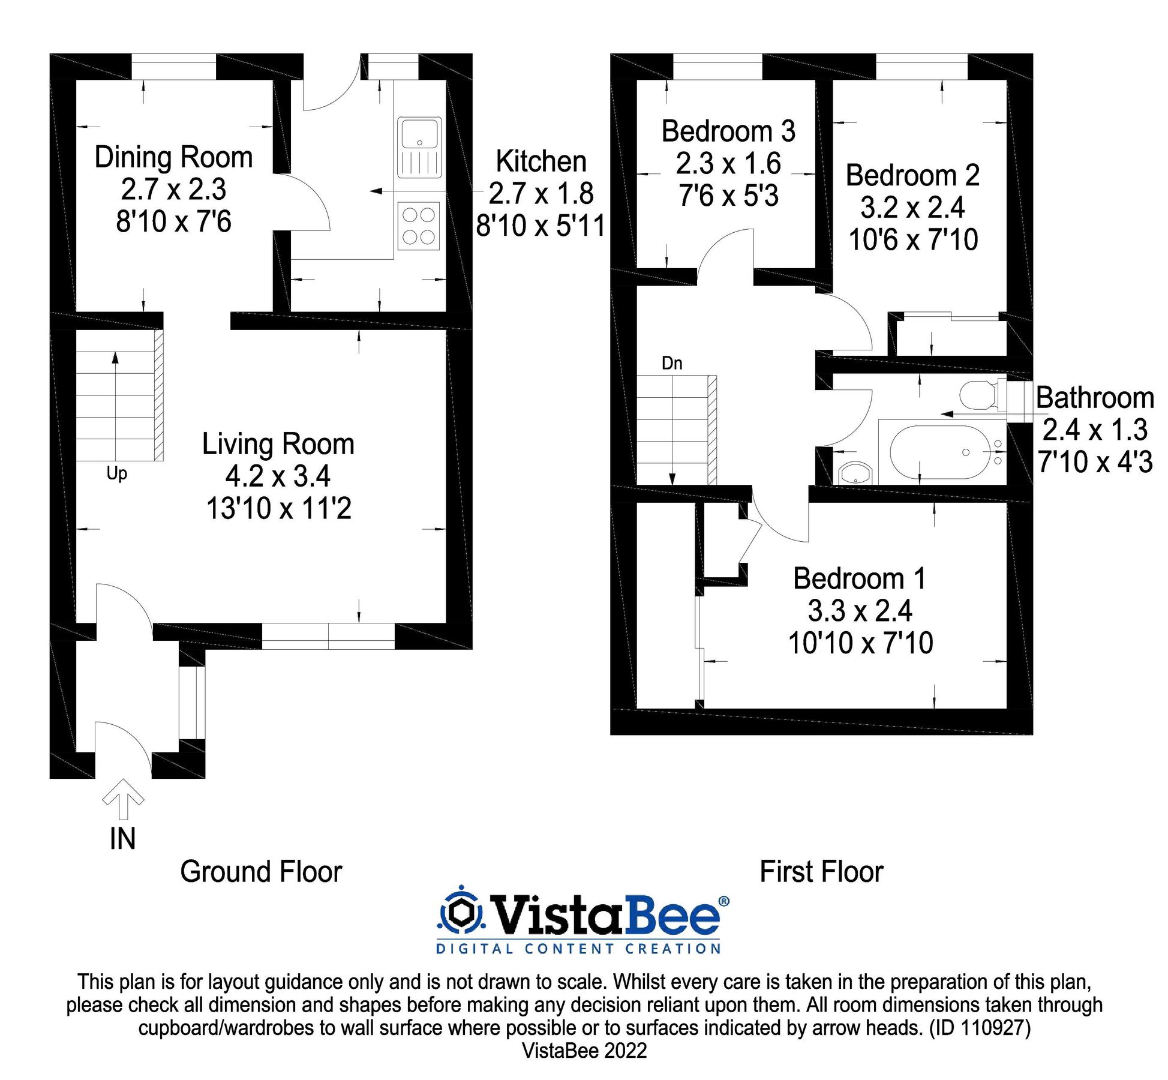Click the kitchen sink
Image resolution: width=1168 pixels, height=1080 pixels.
tap(419, 147)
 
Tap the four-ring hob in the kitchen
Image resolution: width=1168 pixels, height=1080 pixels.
tap(418, 226)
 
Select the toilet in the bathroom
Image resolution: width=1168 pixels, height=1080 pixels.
tap(978, 395)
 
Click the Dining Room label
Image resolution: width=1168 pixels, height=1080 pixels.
tap(173, 157)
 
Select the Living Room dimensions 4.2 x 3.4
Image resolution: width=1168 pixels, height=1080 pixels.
tap(278, 476)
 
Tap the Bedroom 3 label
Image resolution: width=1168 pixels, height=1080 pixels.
tap(728, 131)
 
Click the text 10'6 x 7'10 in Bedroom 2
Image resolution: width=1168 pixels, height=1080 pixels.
tap(912, 240)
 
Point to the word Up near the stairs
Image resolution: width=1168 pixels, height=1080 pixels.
tap(116, 473)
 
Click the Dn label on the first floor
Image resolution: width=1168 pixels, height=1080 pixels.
tap(671, 363)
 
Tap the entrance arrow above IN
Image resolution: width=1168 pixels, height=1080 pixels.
tap(123, 799)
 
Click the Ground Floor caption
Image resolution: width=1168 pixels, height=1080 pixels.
tap(261, 872)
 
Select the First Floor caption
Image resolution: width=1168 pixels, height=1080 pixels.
tap(821, 872)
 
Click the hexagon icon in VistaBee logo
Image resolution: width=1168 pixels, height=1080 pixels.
tap(461, 913)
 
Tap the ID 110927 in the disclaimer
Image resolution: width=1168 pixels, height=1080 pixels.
tap(980, 1028)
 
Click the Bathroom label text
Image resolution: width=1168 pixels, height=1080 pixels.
tap(1094, 398)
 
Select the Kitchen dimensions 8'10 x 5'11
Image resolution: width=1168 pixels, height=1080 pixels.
tap(540, 226)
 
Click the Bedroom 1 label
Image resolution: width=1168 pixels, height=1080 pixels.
tap(859, 579)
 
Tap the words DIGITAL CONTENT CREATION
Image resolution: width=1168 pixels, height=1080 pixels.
tap(578, 949)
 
